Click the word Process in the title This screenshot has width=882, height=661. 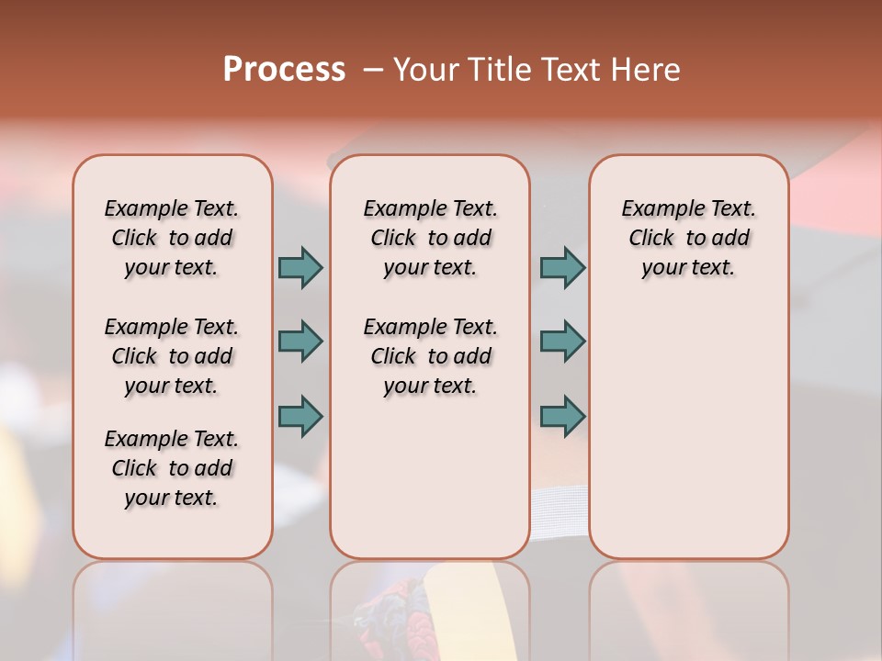click(x=284, y=69)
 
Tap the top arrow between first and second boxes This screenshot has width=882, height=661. click(x=300, y=267)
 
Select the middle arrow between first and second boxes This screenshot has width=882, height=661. click(x=300, y=342)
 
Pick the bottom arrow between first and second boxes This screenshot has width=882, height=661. click(x=300, y=416)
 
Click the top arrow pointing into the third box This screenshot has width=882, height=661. click(x=562, y=267)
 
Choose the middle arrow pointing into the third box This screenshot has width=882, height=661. click(x=562, y=342)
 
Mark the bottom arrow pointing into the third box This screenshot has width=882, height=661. click(x=562, y=416)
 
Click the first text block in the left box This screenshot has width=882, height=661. click(x=172, y=238)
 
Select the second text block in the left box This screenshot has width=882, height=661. click(x=172, y=356)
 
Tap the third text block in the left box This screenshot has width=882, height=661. click(x=172, y=468)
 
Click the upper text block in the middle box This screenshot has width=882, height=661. click(x=431, y=238)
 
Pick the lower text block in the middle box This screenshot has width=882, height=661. click(x=431, y=356)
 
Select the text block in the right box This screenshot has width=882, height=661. click(x=689, y=238)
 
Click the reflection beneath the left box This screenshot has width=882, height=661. click(x=173, y=606)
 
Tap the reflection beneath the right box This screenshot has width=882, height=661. click(x=689, y=606)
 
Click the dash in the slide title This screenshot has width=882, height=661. click(x=373, y=70)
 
